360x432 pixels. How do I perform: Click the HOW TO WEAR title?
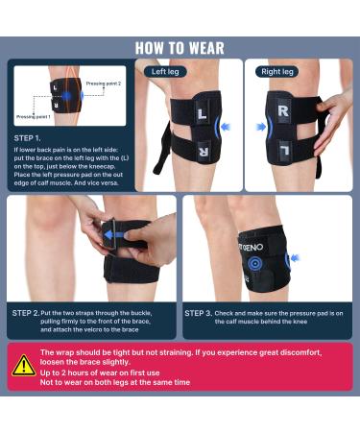coord(180,48)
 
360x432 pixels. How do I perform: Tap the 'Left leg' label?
coord(165,71)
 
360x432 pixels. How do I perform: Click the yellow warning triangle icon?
coord(23,365)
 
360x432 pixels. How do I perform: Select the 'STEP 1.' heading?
coord(29,137)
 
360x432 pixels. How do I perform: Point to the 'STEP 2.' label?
coord(25,313)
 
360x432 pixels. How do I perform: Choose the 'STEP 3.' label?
coord(200,313)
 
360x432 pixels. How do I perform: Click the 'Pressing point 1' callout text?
coord(35,116)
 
